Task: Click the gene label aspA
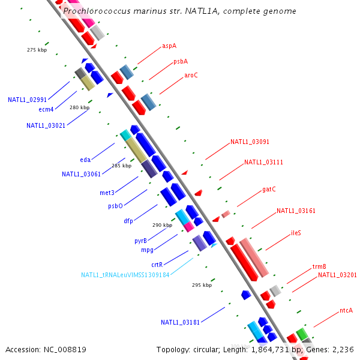coord(169,46)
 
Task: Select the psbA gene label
coord(181,61)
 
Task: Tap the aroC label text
coord(191,76)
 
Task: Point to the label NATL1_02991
coord(27,100)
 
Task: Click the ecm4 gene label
coord(46,109)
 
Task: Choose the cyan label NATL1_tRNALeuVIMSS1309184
coord(125,275)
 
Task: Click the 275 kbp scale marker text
coord(37,50)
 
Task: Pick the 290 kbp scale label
coord(162,225)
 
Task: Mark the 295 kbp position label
coord(202,285)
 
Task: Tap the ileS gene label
coord(296,233)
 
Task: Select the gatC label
coord(269,190)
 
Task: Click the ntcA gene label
coord(346,310)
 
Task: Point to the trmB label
coord(319,266)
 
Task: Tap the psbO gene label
coord(115,206)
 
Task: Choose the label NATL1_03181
coord(180,322)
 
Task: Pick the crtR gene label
coord(157,265)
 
